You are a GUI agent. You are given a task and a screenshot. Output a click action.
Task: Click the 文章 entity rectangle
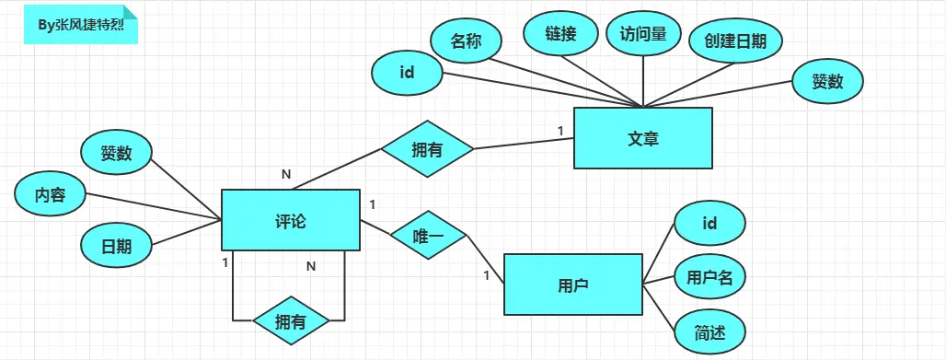643,138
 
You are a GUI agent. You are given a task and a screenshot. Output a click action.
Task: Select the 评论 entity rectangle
291,220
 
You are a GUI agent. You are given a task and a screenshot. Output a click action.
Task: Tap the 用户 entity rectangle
572,285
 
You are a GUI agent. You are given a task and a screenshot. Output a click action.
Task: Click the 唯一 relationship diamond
429,237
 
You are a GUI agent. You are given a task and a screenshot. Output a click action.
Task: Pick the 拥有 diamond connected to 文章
428,148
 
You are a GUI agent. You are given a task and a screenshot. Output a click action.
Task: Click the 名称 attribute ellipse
466,41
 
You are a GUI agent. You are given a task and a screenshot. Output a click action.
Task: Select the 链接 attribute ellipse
560,34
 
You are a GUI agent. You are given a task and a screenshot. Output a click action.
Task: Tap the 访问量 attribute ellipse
643,34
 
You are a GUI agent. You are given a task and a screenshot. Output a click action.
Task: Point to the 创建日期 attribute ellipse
735,41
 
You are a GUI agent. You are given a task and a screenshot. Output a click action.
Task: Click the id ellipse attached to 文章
408,73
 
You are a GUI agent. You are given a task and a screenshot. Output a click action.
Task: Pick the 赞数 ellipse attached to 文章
827,81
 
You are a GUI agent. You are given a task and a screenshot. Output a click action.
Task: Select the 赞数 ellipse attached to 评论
117,153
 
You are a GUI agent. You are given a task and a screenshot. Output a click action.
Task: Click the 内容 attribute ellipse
50,194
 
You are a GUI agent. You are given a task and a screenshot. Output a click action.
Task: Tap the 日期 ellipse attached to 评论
117,245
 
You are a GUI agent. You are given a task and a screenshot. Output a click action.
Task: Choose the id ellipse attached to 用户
709,223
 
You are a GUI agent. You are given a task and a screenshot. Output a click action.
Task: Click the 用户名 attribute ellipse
709,276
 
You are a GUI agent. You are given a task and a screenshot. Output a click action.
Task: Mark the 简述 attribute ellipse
709,332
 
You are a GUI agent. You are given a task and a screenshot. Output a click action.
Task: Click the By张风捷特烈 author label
81,25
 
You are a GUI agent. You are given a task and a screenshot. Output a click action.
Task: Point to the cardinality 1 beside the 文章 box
560,131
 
